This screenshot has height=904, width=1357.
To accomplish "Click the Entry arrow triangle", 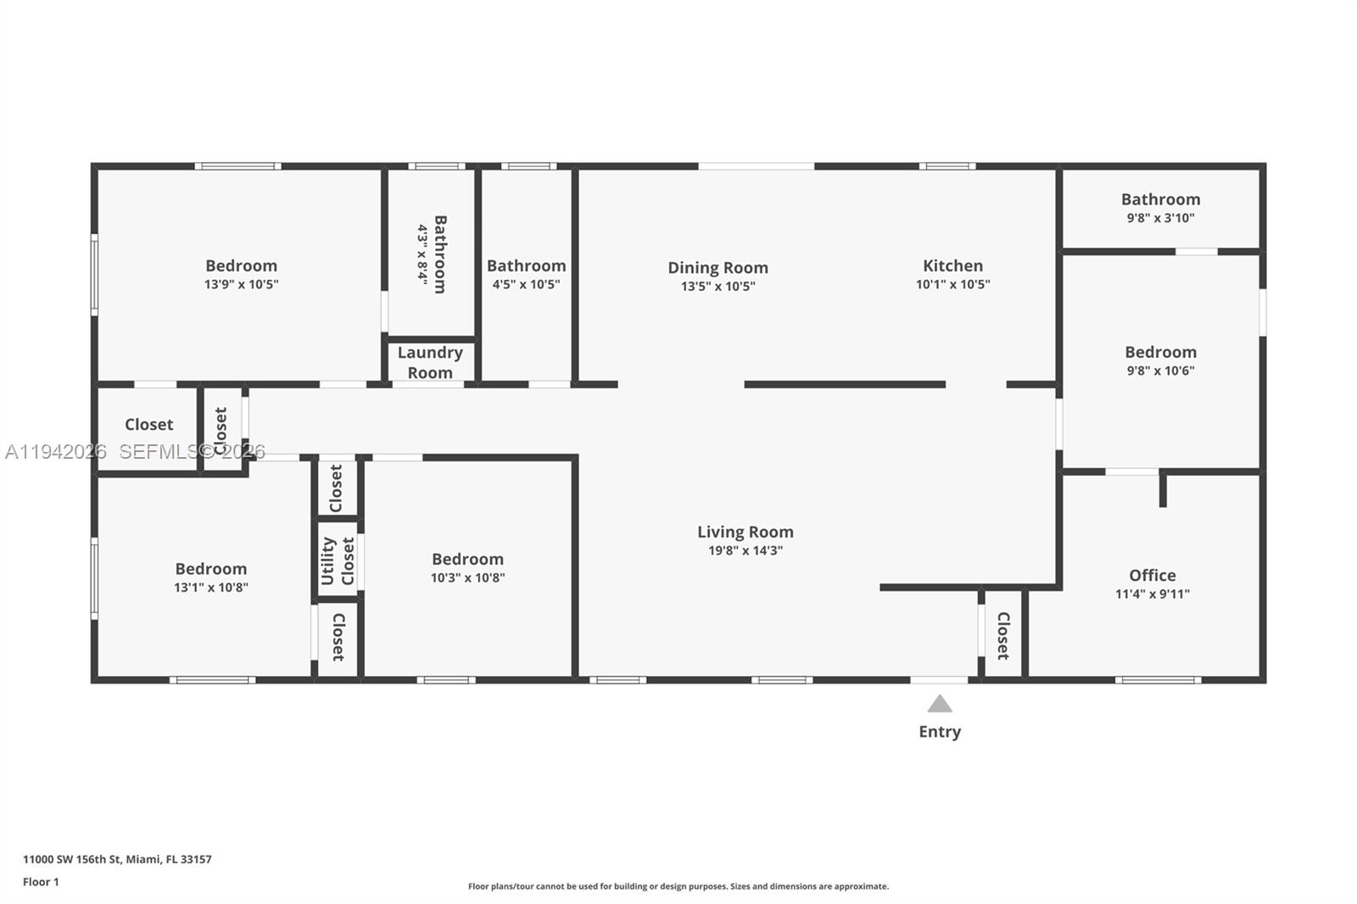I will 939,704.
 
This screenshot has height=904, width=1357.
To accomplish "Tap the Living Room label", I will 745,532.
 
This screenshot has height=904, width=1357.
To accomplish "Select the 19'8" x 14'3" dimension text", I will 745,550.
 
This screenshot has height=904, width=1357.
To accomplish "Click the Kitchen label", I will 952,265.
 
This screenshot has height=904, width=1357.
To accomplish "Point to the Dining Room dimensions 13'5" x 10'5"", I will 718,286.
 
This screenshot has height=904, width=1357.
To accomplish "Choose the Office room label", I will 1152,575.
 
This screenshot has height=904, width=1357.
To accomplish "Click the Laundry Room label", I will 430,362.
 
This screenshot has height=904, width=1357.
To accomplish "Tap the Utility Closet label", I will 338,561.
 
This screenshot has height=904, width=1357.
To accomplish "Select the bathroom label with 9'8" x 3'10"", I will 1160,199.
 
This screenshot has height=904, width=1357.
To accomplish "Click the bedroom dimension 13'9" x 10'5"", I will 241,284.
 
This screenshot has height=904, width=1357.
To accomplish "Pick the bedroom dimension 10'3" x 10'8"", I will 467,578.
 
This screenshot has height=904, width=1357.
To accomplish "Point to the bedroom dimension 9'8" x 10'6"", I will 1160,371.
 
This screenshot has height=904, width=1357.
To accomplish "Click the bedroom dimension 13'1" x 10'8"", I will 211,587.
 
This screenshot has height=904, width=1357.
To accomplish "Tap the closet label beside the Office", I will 1003,636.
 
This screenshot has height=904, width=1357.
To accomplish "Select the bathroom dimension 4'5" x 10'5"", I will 526,284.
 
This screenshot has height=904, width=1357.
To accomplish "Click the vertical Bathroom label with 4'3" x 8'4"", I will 439,254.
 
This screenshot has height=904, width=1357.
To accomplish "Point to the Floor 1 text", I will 41,882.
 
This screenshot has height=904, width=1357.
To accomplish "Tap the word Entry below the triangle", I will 939,732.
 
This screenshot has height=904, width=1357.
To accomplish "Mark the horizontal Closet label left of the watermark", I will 148,424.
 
